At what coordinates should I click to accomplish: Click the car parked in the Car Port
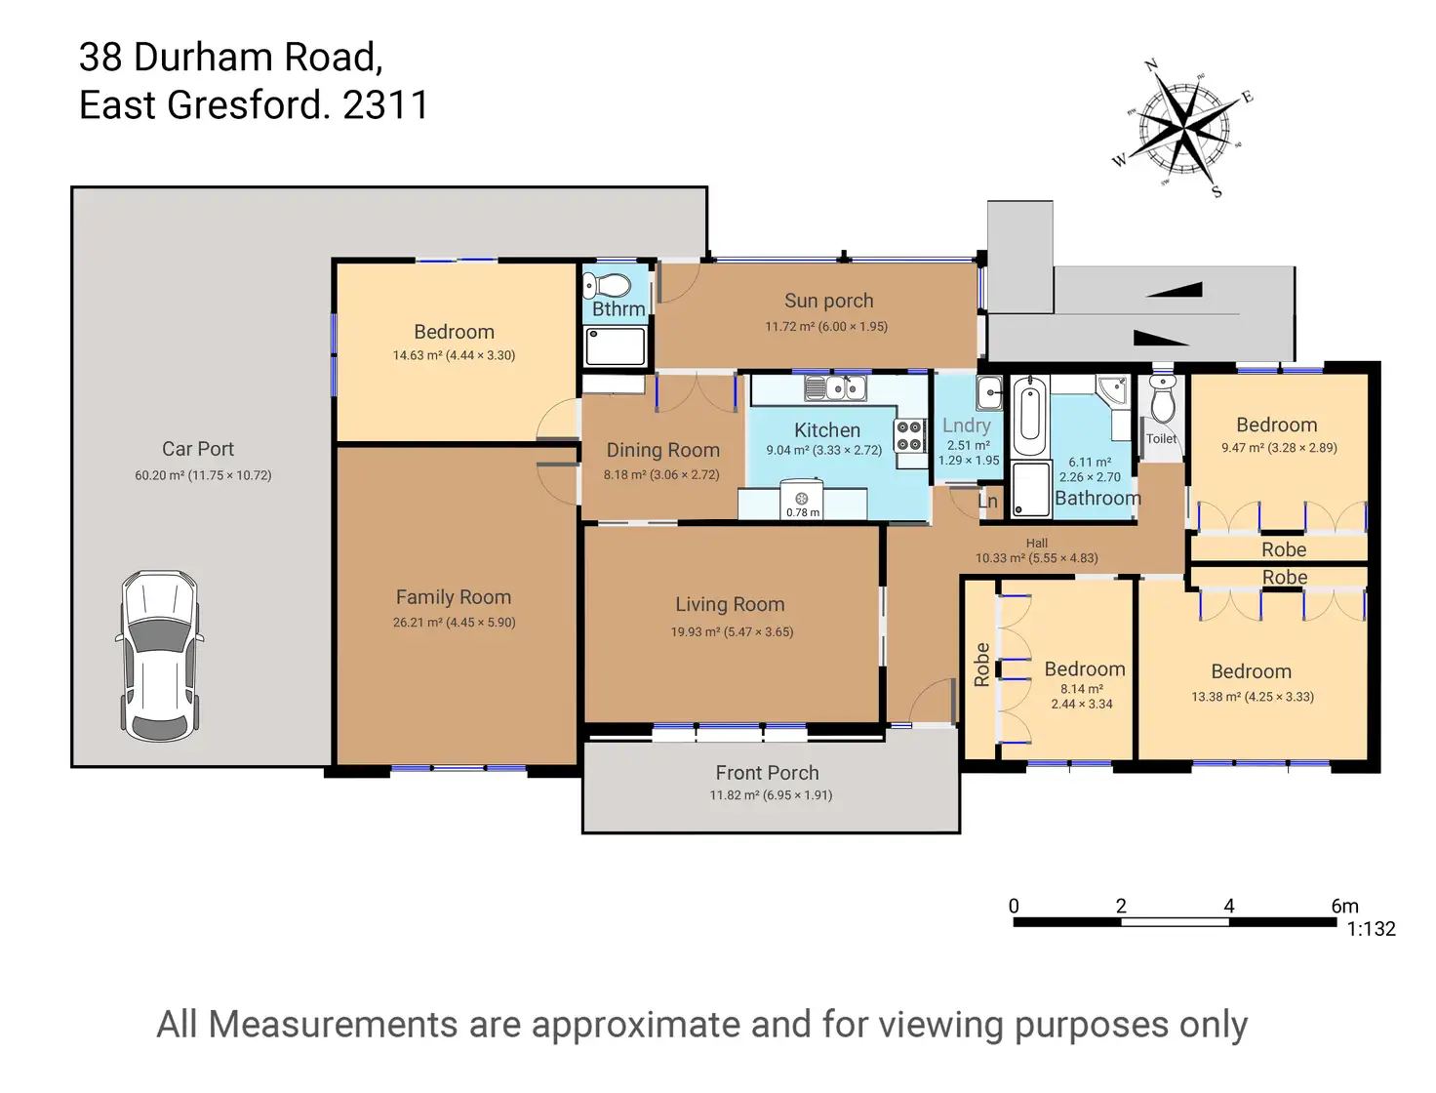tap(160, 655)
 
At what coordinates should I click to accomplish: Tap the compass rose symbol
tap(1183, 127)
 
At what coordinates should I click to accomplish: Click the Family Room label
tap(454, 597)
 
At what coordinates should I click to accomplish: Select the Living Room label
tap(730, 605)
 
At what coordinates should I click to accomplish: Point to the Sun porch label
tap(828, 302)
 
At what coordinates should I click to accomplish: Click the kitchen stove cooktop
tap(909, 436)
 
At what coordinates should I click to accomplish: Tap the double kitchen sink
tap(835, 388)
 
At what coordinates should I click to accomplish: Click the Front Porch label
tap(767, 773)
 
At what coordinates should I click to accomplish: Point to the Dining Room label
tap(662, 451)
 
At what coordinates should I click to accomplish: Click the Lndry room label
tap(966, 425)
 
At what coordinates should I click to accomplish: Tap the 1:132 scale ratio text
tap(1371, 929)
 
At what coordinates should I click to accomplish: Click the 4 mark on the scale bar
tap(1228, 906)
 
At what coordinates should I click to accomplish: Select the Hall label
tap(1036, 544)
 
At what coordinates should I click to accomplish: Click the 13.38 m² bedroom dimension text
tap(1252, 697)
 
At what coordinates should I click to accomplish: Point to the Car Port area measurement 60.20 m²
tap(203, 475)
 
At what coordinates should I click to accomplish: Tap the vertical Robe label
tap(981, 665)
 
